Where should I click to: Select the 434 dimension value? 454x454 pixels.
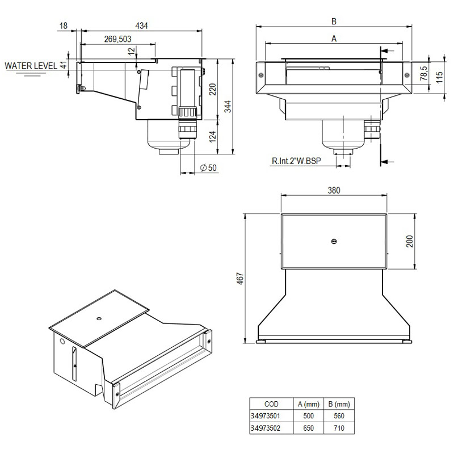142,26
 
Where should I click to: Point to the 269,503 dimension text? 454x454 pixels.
118,39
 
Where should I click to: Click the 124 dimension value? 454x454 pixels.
212,137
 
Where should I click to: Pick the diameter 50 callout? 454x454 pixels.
209,167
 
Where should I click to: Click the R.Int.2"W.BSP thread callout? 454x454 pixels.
296,161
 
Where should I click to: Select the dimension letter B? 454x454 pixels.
334,21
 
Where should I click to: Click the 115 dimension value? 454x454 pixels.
439,77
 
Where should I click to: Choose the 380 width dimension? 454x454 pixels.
334,191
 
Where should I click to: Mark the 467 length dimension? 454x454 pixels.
241,278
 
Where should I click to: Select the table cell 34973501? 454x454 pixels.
266,416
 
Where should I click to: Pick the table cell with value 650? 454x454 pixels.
308,428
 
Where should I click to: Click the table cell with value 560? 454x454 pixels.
340,416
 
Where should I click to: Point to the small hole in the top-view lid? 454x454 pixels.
334,241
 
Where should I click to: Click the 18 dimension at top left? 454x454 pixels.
63,26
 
